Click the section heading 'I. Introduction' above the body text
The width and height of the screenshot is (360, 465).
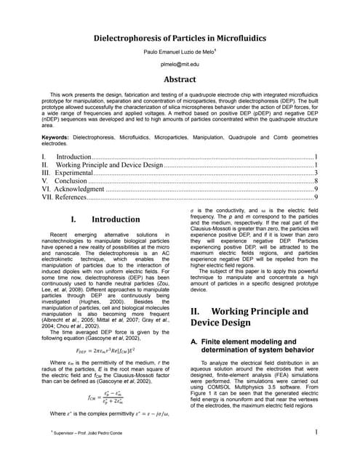[x=105, y=219]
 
